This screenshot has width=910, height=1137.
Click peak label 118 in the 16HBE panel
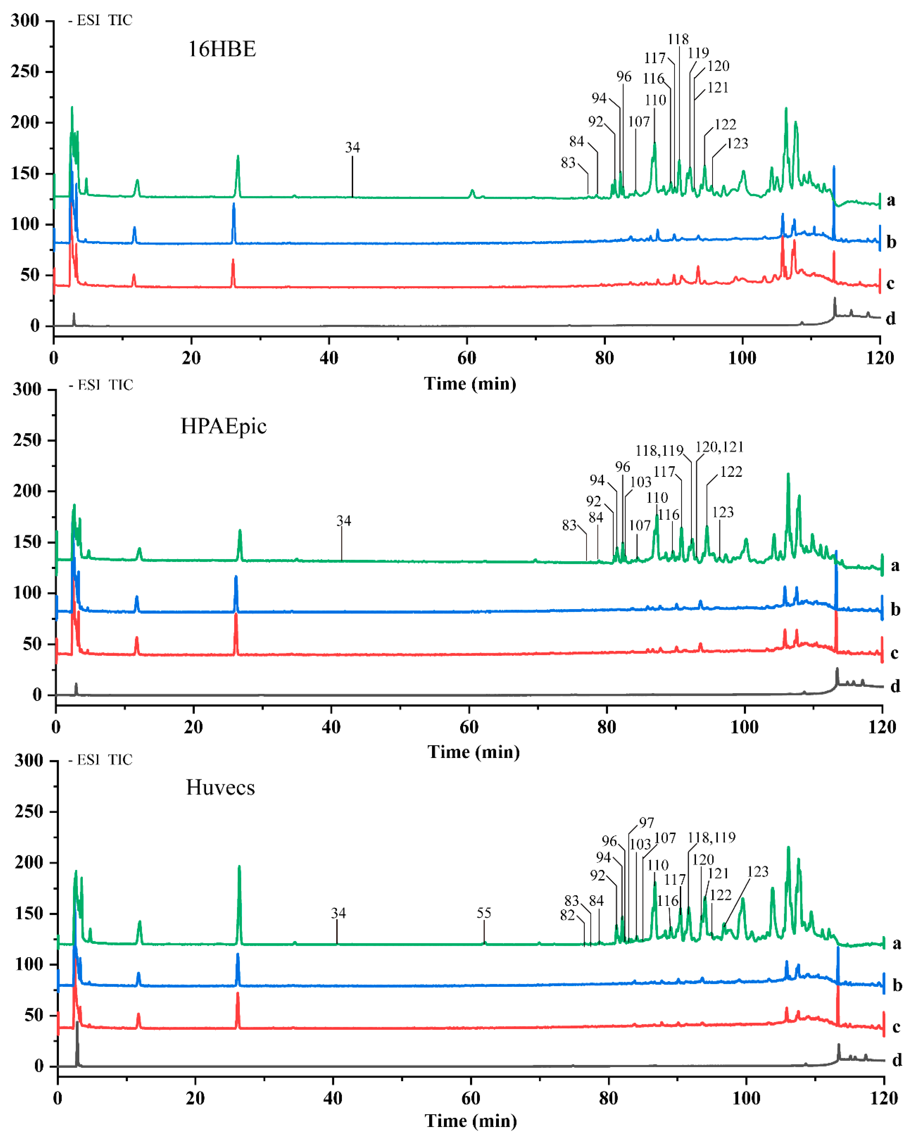[x=678, y=39]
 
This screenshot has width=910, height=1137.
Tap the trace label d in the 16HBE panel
[x=890, y=318]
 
